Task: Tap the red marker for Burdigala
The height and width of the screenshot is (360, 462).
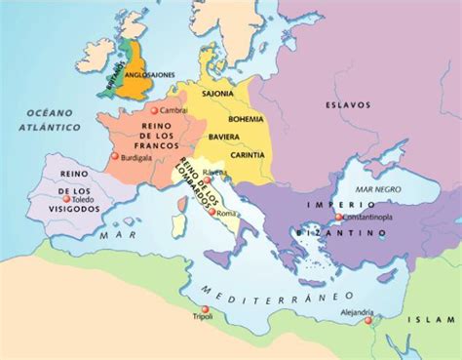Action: pos(115,156)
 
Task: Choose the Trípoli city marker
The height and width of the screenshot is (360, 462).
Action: pos(193,314)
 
